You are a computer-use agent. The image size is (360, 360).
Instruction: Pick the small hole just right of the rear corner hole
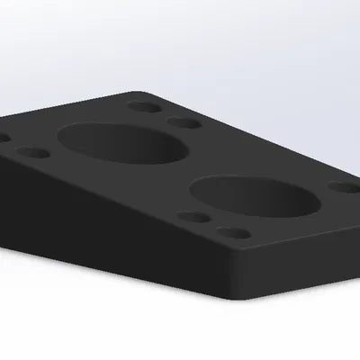(x=184, y=122)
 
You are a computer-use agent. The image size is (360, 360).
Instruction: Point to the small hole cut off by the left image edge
(x=3, y=139)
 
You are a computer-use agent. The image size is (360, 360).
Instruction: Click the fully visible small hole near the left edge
(x=32, y=153)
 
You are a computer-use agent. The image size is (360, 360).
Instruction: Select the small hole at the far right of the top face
(x=343, y=188)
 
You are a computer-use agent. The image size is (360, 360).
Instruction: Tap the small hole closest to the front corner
(x=236, y=232)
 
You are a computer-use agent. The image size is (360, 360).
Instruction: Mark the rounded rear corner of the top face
(x=135, y=92)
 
